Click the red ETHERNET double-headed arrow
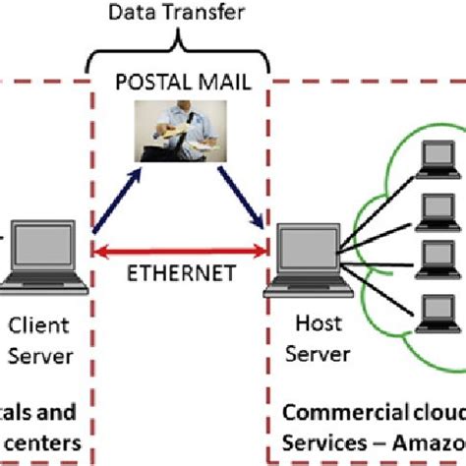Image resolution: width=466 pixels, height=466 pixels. (183, 253)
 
